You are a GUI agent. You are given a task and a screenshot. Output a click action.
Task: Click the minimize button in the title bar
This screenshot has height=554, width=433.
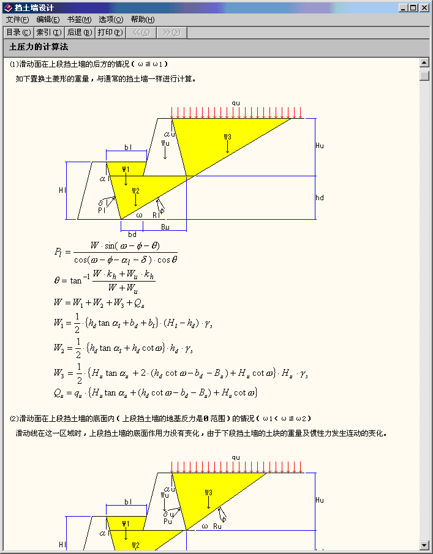[x=404, y=8]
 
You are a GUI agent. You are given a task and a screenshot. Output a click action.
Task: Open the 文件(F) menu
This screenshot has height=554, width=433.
[x=17, y=20]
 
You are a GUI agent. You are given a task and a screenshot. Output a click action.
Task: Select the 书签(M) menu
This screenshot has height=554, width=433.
[x=79, y=20]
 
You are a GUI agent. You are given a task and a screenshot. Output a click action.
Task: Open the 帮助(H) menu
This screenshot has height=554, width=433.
[x=142, y=20]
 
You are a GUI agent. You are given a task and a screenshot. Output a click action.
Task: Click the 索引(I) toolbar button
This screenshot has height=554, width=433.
[x=48, y=32]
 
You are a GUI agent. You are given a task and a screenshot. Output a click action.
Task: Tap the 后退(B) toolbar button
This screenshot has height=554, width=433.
[x=79, y=32]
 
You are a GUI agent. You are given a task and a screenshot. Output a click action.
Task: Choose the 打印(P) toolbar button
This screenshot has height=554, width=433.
[x=110, y=32]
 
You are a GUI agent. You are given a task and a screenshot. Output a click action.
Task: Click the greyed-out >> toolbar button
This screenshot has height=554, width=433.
[x=171, y=32]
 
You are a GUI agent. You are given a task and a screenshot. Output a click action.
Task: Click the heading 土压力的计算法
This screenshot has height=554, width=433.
[x=38, y=47]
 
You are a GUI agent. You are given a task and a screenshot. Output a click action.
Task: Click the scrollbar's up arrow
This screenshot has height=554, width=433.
[x=424, y=62]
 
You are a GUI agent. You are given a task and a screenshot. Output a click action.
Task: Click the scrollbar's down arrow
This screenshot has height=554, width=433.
[x=424, y=545]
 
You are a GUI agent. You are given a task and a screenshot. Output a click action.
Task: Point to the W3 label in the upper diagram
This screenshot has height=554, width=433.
[x=227, y=137]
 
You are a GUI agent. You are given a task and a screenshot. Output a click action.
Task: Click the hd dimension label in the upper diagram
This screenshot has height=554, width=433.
[x=320, y=198]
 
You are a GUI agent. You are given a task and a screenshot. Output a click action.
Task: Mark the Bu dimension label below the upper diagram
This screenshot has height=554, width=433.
[x=165, y=227]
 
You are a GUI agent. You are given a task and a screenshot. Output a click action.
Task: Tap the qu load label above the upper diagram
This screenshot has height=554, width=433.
[x=236, y=102]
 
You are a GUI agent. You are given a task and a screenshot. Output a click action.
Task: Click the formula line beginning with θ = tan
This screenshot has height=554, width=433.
[x=105, y=280]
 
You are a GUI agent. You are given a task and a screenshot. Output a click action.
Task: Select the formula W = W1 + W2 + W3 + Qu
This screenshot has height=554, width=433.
[x=99, y=302]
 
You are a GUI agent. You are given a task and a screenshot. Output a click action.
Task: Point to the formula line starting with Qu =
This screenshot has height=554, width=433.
[x=156, y=392]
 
